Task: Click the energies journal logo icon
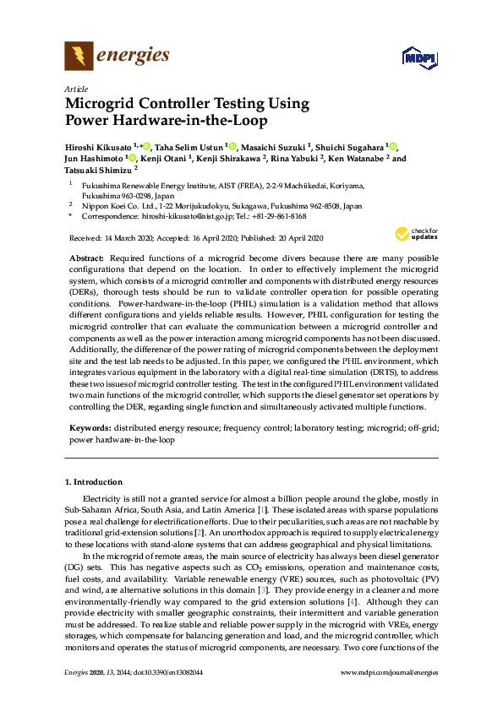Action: click(79, 57)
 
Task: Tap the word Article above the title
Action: click(76, 89)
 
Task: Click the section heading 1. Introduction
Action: click(94, 481)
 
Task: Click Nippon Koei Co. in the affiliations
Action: click(113, 205)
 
